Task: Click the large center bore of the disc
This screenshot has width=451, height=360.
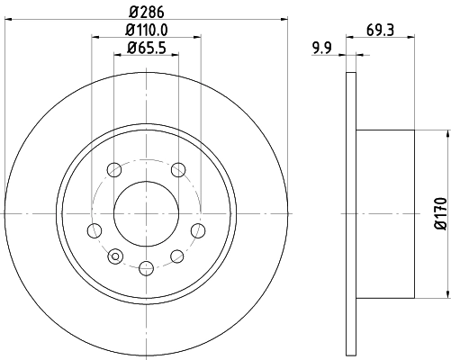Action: pos(145,213)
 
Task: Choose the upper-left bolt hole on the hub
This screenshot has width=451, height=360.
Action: pos(113,169)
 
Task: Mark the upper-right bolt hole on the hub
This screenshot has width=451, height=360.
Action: pos(177,169)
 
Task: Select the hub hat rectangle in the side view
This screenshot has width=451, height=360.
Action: pos(385,213)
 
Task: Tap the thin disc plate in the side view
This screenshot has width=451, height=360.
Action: pos(351,213)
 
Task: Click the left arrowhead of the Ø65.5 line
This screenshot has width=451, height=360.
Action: pos(117,56)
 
